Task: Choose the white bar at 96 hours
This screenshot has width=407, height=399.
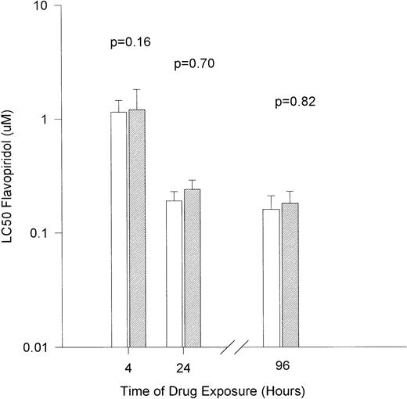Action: click(271, 278)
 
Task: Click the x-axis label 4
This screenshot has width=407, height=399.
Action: click(128, 365)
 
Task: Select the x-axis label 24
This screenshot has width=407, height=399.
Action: click(183, 365)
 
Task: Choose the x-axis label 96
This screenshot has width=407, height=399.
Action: click(280, 365)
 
